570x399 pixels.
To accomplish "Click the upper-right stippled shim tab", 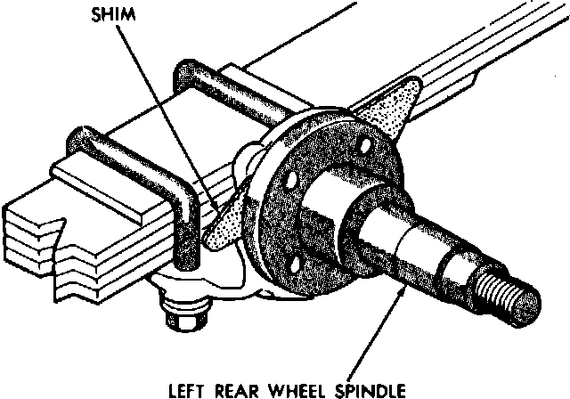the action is tap(392, 102).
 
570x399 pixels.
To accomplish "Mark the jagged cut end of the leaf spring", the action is tap(53, 258).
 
